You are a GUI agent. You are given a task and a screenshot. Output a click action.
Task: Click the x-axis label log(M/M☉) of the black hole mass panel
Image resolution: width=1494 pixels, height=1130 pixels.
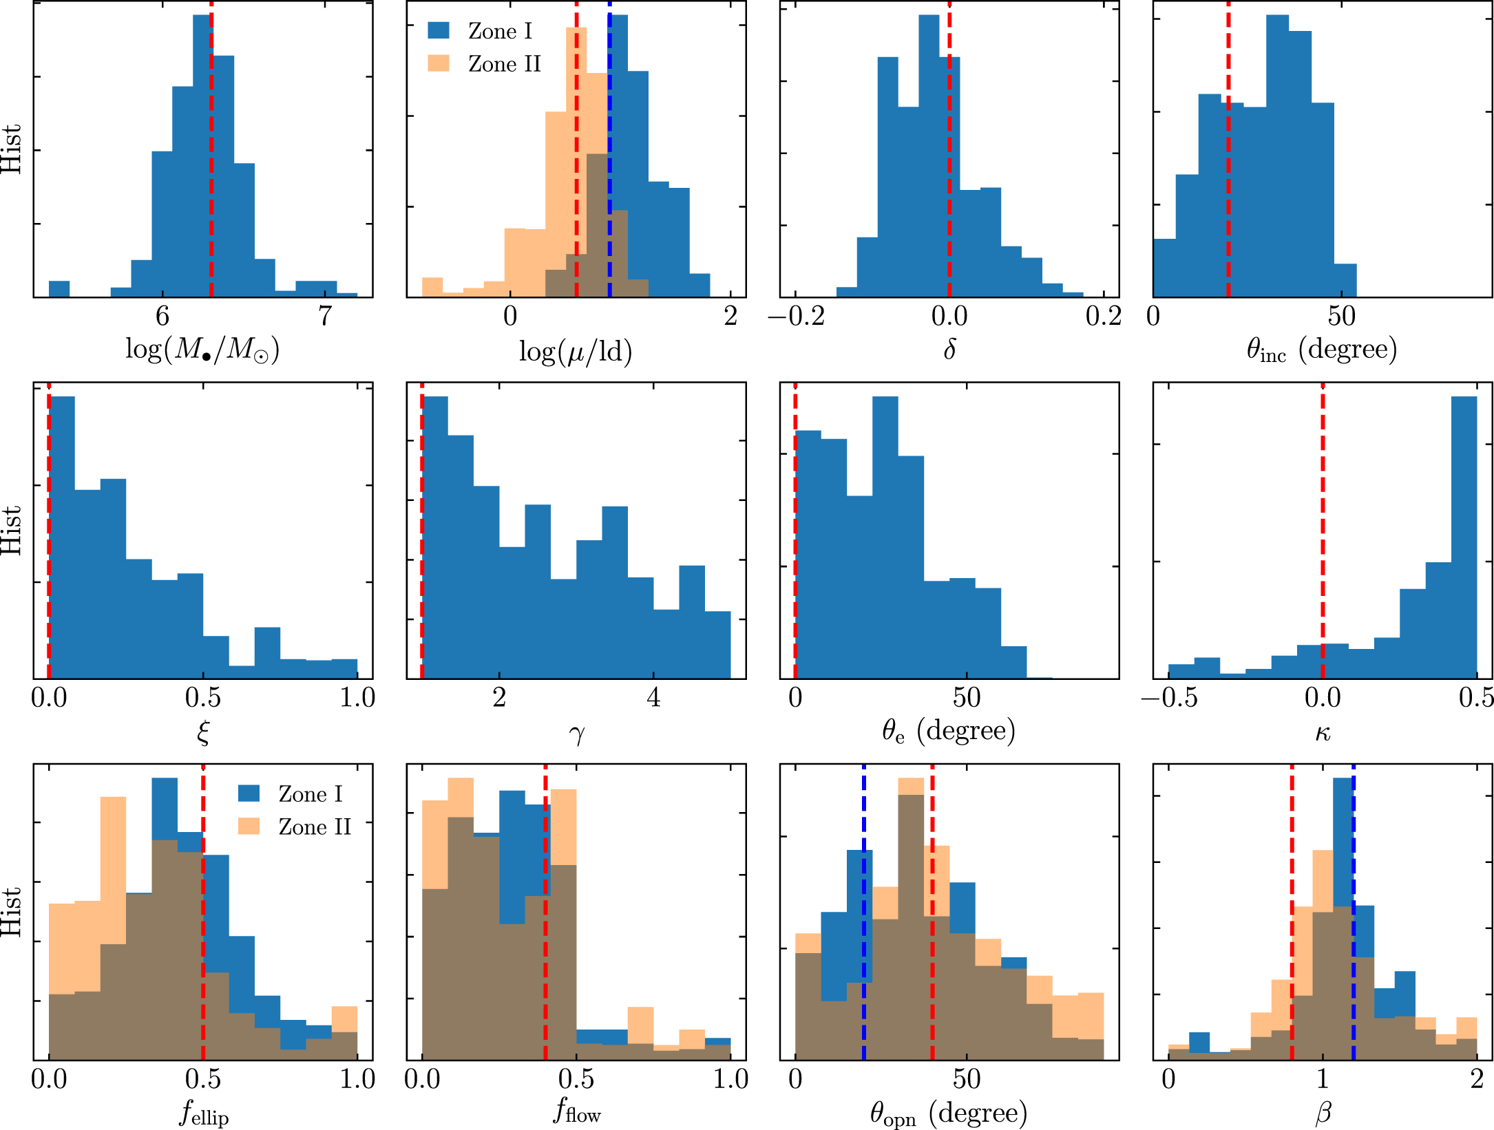tap(202, 350)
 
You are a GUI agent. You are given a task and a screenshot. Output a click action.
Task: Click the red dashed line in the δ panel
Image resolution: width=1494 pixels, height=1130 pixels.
tap(949, 172)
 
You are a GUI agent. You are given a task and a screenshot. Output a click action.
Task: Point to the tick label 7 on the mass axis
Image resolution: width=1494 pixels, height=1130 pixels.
tap(325, 317)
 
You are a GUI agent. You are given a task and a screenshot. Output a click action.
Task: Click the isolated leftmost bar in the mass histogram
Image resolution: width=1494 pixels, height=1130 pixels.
tap(59, 289)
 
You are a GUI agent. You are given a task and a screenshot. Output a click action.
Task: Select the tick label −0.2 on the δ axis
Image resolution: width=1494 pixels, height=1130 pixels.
tap(797, 317)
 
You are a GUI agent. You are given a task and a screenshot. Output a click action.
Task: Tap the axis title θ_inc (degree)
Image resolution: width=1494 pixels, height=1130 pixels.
tap(1322, 350)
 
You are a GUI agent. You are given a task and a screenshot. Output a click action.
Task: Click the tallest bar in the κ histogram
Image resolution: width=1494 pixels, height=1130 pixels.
tap(1464, 537)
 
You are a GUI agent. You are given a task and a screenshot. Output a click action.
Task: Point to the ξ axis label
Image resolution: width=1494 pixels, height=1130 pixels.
tap(202, 732)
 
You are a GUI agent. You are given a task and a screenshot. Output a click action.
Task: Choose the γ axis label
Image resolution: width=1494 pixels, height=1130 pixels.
tap(576, 734)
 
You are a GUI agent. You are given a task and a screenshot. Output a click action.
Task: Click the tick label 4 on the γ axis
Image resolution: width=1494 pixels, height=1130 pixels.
tap(653, 698)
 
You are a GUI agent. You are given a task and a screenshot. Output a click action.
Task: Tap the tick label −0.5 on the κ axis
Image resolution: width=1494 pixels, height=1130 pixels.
tap(1170, 698)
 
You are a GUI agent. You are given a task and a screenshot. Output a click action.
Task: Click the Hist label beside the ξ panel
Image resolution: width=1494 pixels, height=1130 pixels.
tap(12, 531)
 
